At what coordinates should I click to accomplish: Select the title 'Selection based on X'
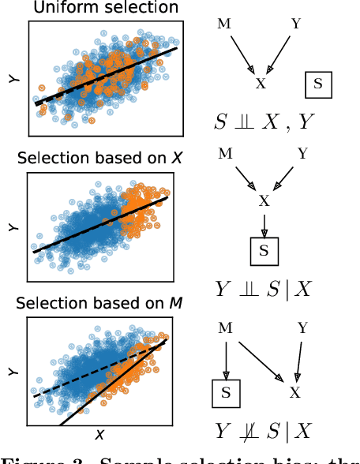pyautogui.click(x=100, y=158)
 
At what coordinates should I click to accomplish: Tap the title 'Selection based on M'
pyautogui.click(x=100, y=304)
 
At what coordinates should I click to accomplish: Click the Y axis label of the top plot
pyautogui.click(x=12, y=79)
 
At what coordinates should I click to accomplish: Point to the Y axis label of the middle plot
pyautogui.click(x=12, y=227)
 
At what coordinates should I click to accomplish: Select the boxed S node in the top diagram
pyautogui.click(x=318, y=84)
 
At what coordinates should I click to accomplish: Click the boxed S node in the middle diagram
pyautogui.click(x=264, y=252)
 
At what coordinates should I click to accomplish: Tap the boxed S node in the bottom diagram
pyautogui.click(x=226, y=391)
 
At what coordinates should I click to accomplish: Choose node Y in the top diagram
pyautogui.click(x=296, y=24)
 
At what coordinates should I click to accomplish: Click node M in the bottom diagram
pyautogui.click(x=226, y=327)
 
